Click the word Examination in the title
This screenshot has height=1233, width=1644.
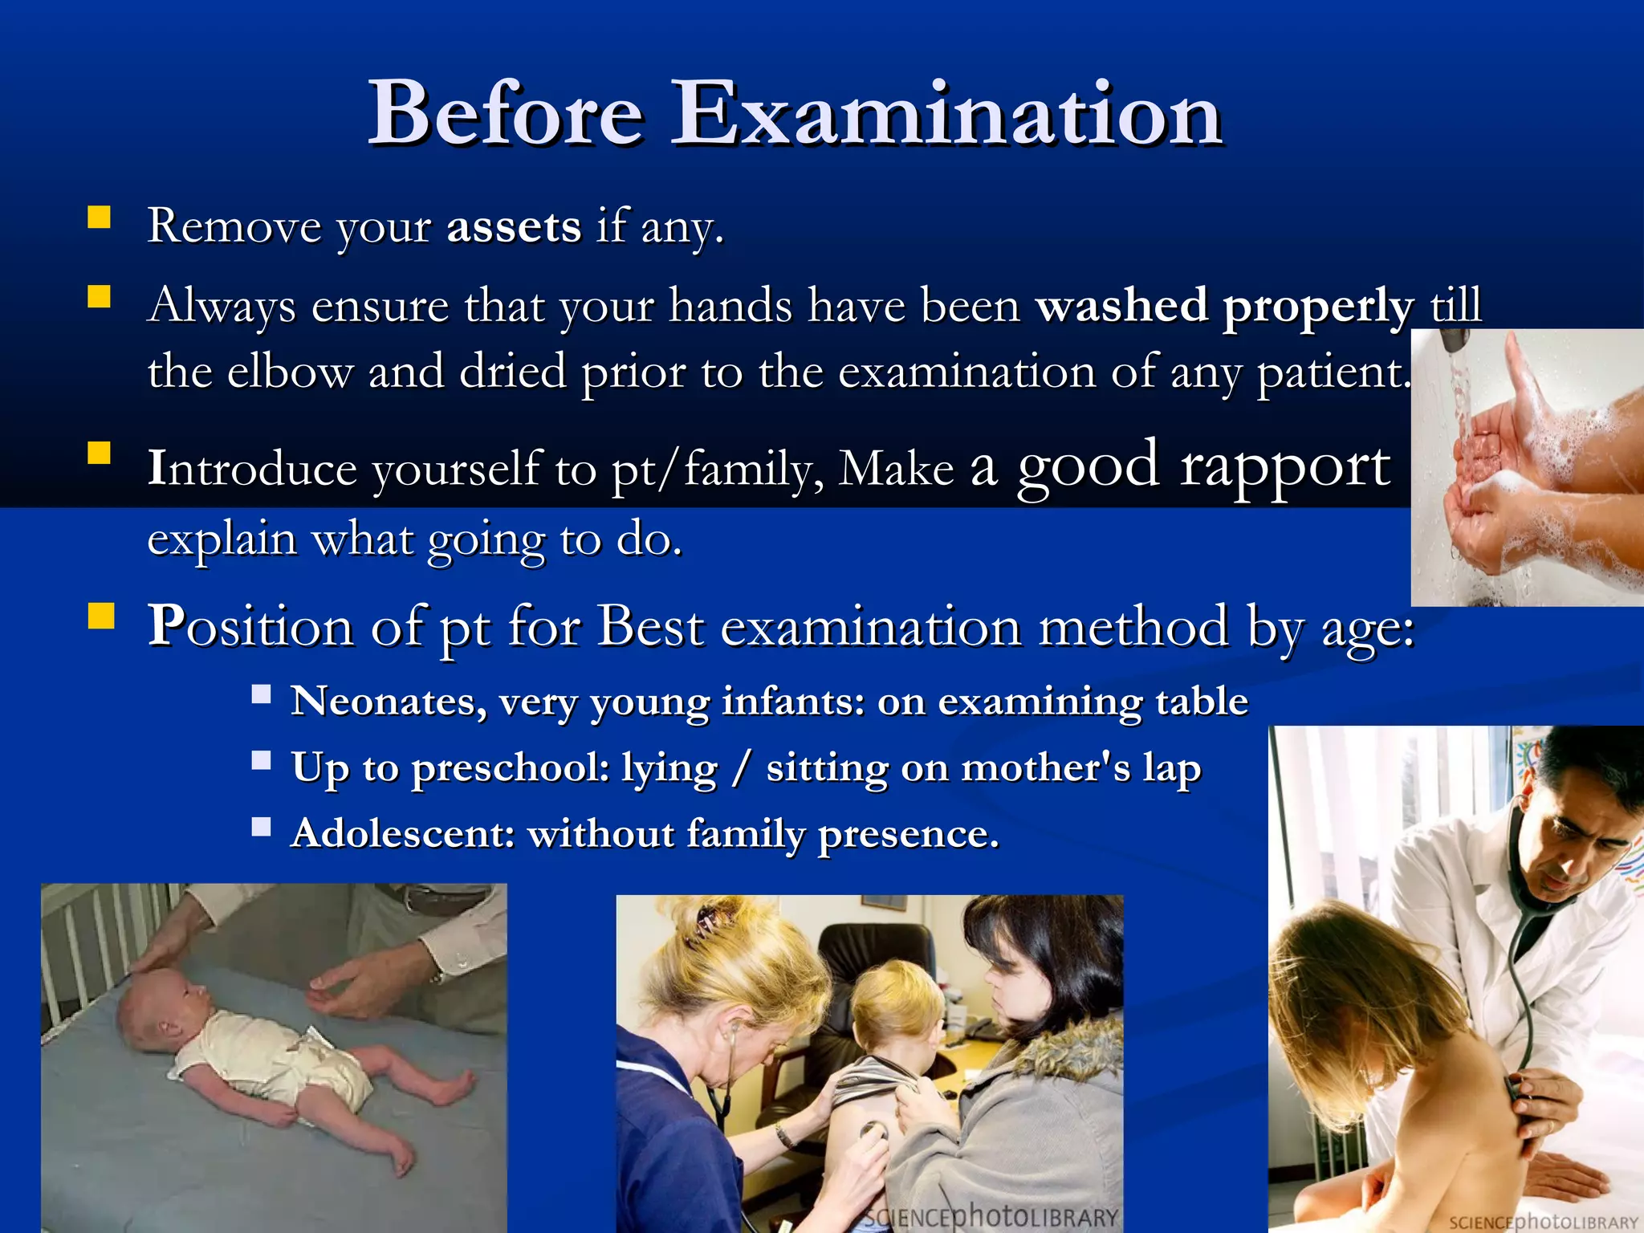(947, 114)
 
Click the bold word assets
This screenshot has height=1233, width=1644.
(514, 226)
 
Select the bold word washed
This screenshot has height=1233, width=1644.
(1121, 306)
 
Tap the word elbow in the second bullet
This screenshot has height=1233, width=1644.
(291, 372)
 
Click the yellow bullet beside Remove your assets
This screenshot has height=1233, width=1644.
(99, 218)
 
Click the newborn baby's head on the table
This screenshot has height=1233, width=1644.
(157, 1004)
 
